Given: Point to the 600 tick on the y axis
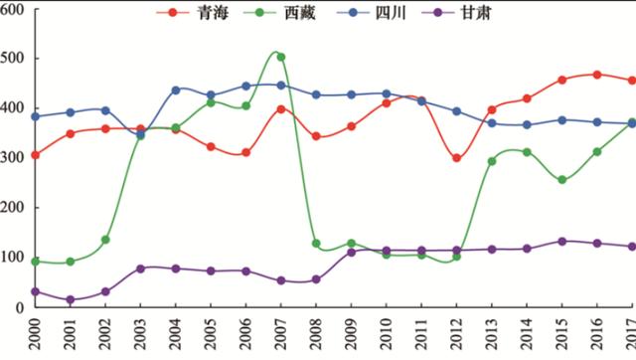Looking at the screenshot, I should click(15, 9).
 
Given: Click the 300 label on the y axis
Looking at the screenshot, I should click(15, 158).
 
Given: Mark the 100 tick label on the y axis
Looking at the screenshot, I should click(15, 258).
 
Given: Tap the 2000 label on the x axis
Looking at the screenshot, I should click(36, 336).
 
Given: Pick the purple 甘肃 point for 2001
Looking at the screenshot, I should click(71, 299).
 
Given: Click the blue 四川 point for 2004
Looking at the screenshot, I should click(176, 90).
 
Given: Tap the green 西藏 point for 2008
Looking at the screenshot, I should click(316, 244).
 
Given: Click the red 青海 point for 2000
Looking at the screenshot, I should click(36, 155).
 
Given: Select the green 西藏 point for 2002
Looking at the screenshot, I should click(105, 240).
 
